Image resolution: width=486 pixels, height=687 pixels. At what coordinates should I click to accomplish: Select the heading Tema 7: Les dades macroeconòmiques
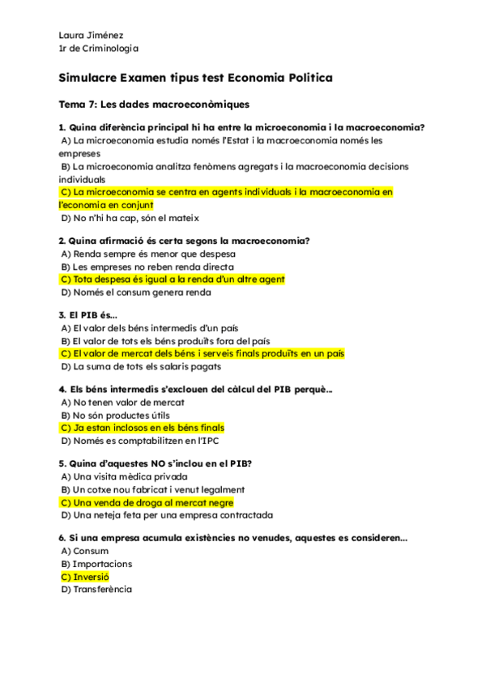click(154, 105)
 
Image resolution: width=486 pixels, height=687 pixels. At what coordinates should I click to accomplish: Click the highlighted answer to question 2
click(173, 279)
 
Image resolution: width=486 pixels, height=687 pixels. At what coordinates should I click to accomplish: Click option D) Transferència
click(96, 590)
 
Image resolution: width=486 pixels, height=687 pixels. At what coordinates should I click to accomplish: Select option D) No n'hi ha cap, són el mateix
click(129, 218)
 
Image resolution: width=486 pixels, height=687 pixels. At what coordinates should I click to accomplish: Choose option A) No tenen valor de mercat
click(122, 402)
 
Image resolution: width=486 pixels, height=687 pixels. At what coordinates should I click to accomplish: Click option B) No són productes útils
click(115, 415)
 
